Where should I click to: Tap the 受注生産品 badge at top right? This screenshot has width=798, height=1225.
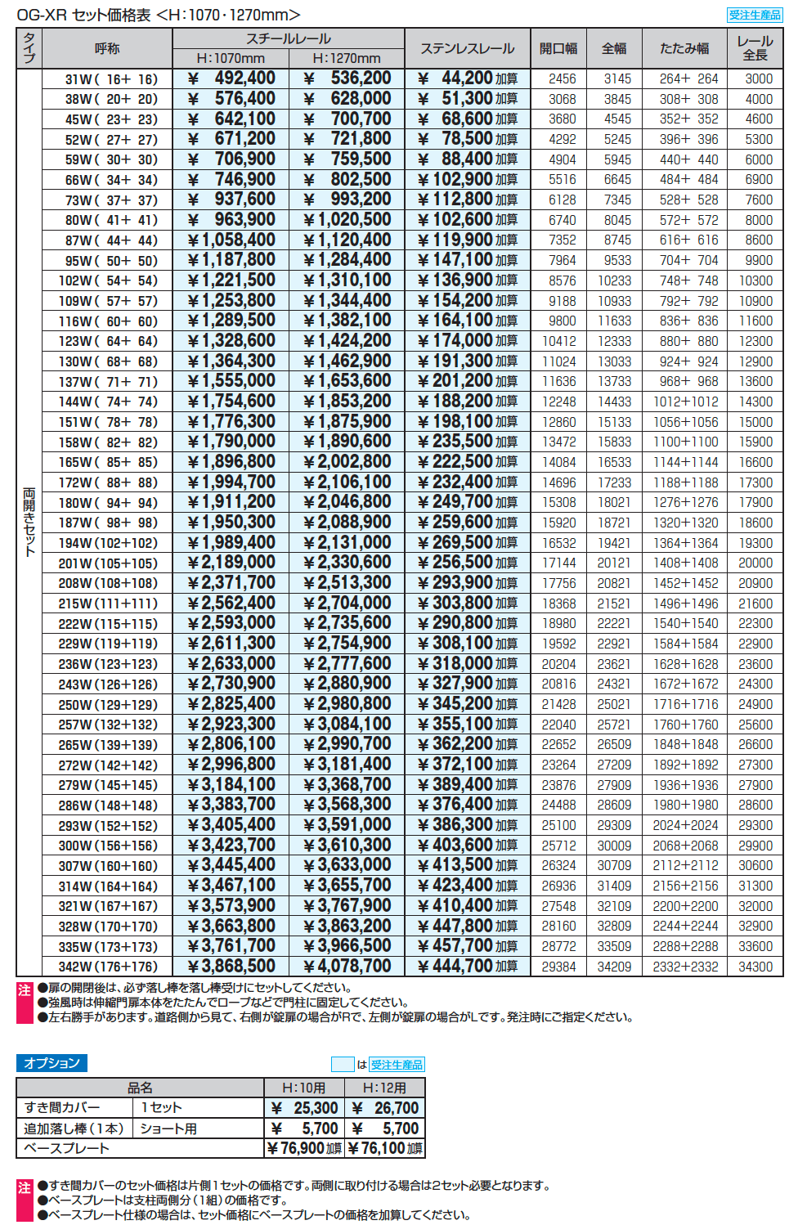point(754,15)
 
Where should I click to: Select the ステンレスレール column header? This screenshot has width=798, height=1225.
point(467,49)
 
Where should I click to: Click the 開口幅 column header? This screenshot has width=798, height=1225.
point(558,49)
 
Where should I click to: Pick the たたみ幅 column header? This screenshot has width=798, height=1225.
point(684,49)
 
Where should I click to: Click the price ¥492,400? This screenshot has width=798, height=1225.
point(232,79)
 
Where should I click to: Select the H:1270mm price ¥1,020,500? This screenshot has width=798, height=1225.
point(348,219)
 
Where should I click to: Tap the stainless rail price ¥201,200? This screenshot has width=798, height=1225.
point(457,380)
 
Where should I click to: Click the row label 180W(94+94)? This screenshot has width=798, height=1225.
point(108,503)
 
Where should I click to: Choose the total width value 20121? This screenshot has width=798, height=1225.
point(614,563)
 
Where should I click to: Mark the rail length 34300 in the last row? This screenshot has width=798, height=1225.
point(755,967)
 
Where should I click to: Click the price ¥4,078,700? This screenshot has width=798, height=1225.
point(348,966)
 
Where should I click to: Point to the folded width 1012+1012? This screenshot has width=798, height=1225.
point(685,402)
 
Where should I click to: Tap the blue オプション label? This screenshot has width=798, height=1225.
point(52,1063)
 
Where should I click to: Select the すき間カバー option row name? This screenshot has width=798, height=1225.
point(62,1107)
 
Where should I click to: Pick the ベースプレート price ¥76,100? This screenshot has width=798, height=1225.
point(384,1148)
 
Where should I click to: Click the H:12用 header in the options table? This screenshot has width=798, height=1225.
point(383,1088)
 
